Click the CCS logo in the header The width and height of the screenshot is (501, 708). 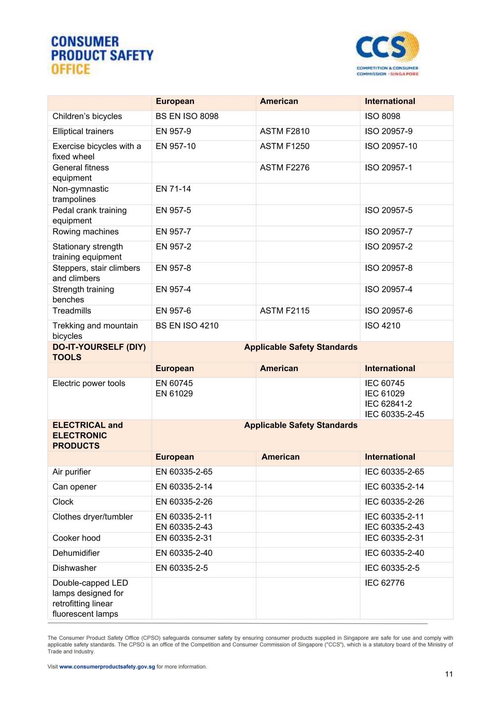pyautogui.click(x=387, y=53)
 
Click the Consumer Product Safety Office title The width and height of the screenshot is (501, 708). pyautogui.click(x=102, y=55)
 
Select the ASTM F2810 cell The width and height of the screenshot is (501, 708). pyautogui.click(x=284, y=131)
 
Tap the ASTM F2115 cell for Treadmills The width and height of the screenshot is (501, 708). pyautogui.click(x=284, y=311)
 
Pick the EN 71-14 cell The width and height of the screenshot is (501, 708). pyautogui.click(x=173, y=189)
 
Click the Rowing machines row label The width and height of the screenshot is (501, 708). pyautogui.click(x=85, y=232)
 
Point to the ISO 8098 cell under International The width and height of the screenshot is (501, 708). pyautogui.click(x=382, y=116)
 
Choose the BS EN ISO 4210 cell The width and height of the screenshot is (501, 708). pyautogui.click(x=187, y=326)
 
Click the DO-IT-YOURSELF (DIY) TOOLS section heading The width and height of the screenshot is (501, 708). pyautogui.click(x=99, y=352)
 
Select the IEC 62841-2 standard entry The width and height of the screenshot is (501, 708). pyautogui.click(x=388, y=404)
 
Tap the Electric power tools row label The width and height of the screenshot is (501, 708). pyautogui.click(x=89, y=383)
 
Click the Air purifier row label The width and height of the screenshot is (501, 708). pyautogui.click(x=72, y=472)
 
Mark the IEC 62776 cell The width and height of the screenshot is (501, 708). pyautogui.click(x=384, y=583)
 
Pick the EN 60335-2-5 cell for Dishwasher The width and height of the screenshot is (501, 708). pyautogui.click(x=181, y=568)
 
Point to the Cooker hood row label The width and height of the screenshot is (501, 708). pyautogui.click(x=76, y=538)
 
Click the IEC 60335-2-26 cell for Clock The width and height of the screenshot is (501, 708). pyautogui.click(x=394, y=502)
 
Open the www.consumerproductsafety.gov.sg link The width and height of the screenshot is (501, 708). pyautogui.click(x=107, y=667)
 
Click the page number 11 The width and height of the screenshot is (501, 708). pyautogui.click(x=449, y=674)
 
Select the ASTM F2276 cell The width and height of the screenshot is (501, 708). pyautogui.click(x=284, y=168)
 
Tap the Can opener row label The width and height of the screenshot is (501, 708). pyautogui.click(x=74, y=487)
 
